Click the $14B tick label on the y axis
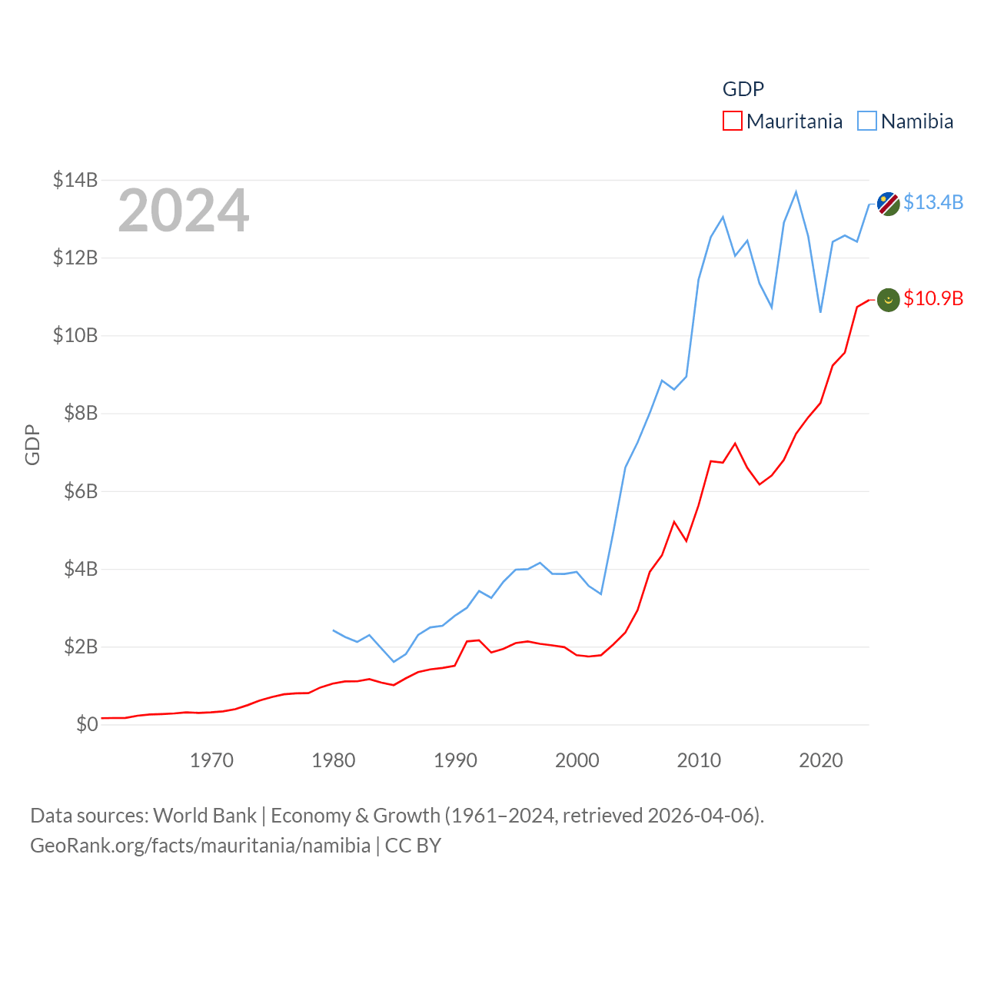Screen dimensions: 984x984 (x=75, y=180)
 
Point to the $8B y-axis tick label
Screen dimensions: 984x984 (x=81, y=413)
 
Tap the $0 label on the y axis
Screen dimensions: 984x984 (x=87, y=724)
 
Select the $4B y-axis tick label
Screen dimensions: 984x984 (x=81, y=569)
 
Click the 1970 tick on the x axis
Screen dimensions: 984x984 (x=211, y=760)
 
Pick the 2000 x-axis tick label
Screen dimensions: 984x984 (x=577, y=760)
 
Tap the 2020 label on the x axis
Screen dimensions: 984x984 (x=821, y=760)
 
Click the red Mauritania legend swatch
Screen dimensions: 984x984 (x=733, y=121)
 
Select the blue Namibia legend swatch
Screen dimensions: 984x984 (x=867, y=121)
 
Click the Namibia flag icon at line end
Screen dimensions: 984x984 (x=889, y=204)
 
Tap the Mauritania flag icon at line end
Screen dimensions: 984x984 (x=889, y=300)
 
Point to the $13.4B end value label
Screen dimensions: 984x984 (x=933, y=202)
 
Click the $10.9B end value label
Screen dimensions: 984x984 (x=933, y=298)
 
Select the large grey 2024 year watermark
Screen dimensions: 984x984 (x=184, y=211)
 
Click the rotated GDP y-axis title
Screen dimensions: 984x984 (x=32, y=444)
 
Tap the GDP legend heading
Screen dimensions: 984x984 (x=743, y=89)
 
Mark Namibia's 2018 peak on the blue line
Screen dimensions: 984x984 (x=796, y=192)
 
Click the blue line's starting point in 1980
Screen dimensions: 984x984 (x=334, y=630)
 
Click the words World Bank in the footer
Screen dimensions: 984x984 (x=205, y=815)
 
